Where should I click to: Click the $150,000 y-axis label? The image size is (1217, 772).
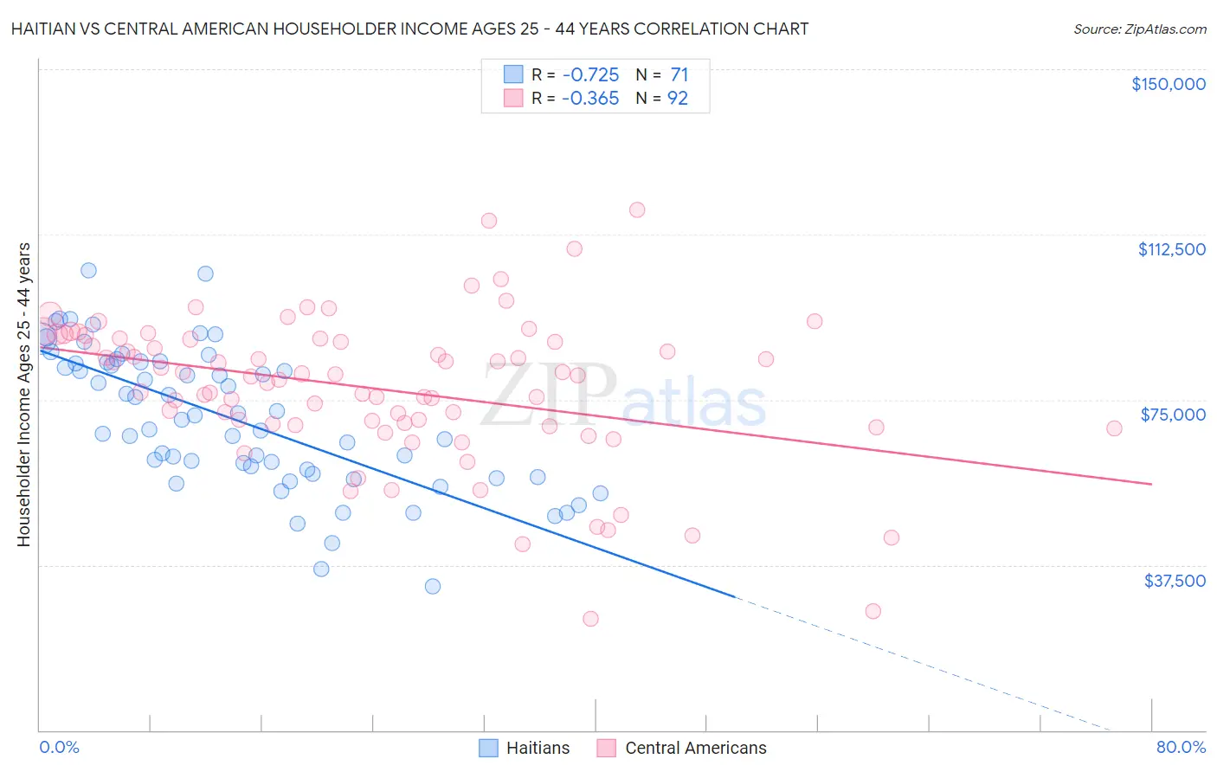pyautogui.click(x=1168, y=84)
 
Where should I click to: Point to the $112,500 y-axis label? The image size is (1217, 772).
pyautogui.click(x=1171, y=249)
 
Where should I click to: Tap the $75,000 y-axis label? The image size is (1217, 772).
pyautogui.click(x=1172, y=415)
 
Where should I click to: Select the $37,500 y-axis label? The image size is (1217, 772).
pyautogui.click(x=1174, y=581)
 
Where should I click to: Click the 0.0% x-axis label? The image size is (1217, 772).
pyautogui.click(x=59, y=747)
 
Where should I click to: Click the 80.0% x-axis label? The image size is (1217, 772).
pyautogui.click(x=1181, y=747)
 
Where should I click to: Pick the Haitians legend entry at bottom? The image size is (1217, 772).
pyautogui.click(x=525, y=748)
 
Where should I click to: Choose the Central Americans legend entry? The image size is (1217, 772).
pyautogui.click(x=682, y=748)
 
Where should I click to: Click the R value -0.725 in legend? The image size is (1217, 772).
pyautogui.click(x=589, y=74)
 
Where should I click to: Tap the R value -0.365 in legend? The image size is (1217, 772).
pyautogui.click(x=589, y=98)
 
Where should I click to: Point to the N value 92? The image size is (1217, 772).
pyautogui.click(x=677, y=98)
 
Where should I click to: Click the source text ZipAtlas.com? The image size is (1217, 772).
pyautogui.click(x=1139, y=29)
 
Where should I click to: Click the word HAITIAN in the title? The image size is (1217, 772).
pyautogui.click(x=44, y=29)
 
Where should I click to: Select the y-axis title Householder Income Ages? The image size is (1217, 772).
pyautogui.click(x=23, y=394)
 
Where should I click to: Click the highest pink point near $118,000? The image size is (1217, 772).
pyautogui.click(x=637, y=209)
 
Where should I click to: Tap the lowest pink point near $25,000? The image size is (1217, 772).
pyautogui.click(x=590, y=619)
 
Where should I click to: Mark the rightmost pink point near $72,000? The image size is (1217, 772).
pyautogui.click(x=1114, y=428)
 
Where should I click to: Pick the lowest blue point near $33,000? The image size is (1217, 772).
pyautogui.click(x=433, y=586)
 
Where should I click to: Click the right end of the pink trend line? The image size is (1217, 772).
pyautogui.click(x=1151, y=484)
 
